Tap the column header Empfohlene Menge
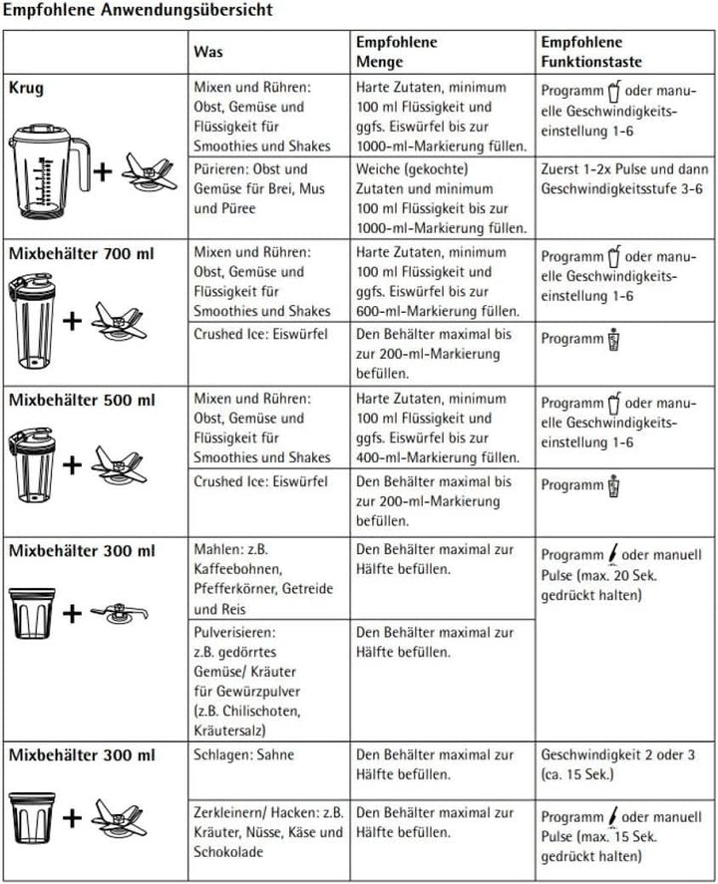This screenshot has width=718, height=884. tap(397, 51)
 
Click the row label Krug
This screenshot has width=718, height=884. tap(26, 87)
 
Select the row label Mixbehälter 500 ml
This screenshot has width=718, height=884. tap(82, 401)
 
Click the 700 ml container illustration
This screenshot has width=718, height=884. tap(34, 320)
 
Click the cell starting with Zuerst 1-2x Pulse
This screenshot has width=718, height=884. tap(623, 178)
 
